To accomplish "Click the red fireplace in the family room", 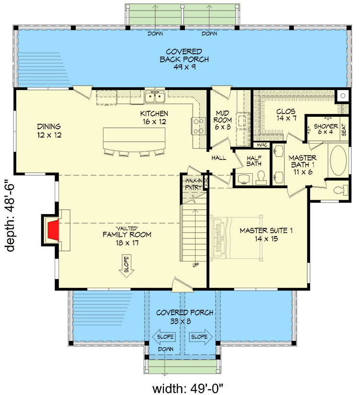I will (53, 229).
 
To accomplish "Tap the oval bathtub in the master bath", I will (340, 163).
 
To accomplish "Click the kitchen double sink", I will (155, 98).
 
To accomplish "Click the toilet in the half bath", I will (261, 178).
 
